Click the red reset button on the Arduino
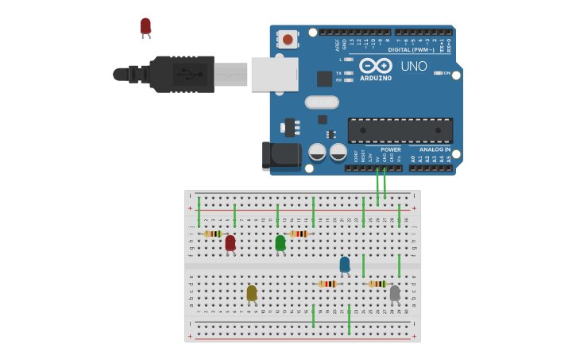coord(287,38)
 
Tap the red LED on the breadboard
coord(230,242)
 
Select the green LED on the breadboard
coord(280,242)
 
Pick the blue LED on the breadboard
coord(344,264)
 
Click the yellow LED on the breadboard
coord(252,293)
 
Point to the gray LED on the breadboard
coord(395,293)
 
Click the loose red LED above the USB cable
coord(145,26)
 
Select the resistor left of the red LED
coord(212,234)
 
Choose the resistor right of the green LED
coord(299,234)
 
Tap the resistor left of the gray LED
coord(377,284)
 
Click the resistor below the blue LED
coord(327,284)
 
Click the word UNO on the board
coord(413,66)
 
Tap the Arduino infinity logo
coord(375,65)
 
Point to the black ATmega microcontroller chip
coord(400,130)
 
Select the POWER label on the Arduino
coord(390,149)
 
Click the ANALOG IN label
coord(435,149)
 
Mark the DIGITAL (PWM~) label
coord(411,49)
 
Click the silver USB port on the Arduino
coord(275,74)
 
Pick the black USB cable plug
coord(182,74)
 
